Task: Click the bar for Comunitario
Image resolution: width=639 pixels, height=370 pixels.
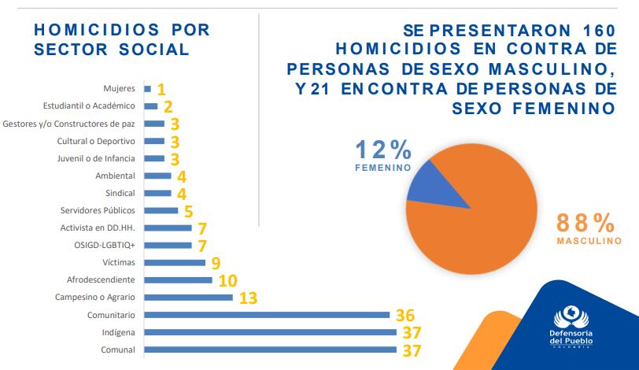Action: (267, 315)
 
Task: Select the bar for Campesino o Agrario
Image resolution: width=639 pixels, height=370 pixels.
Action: (188, 298)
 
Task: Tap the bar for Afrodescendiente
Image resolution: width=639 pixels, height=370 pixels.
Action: (178, 279)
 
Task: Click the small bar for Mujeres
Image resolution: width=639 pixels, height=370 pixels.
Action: (147, 89)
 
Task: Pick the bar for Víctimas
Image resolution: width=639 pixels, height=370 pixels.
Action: (174, 263)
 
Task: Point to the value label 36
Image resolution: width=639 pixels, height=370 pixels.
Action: (406, 315)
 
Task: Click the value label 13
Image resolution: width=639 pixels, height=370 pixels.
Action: (247, 298)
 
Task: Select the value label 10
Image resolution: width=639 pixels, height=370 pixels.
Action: (227, 280)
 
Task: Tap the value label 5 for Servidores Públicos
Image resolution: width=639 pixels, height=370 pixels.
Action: (189, 211)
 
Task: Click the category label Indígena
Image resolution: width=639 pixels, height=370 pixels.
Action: (118, 332)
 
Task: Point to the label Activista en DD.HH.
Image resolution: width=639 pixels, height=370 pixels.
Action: (98, 228)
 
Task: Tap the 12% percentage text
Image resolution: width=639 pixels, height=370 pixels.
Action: (383, 150)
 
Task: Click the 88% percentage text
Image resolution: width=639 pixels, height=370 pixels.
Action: (585, 222)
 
